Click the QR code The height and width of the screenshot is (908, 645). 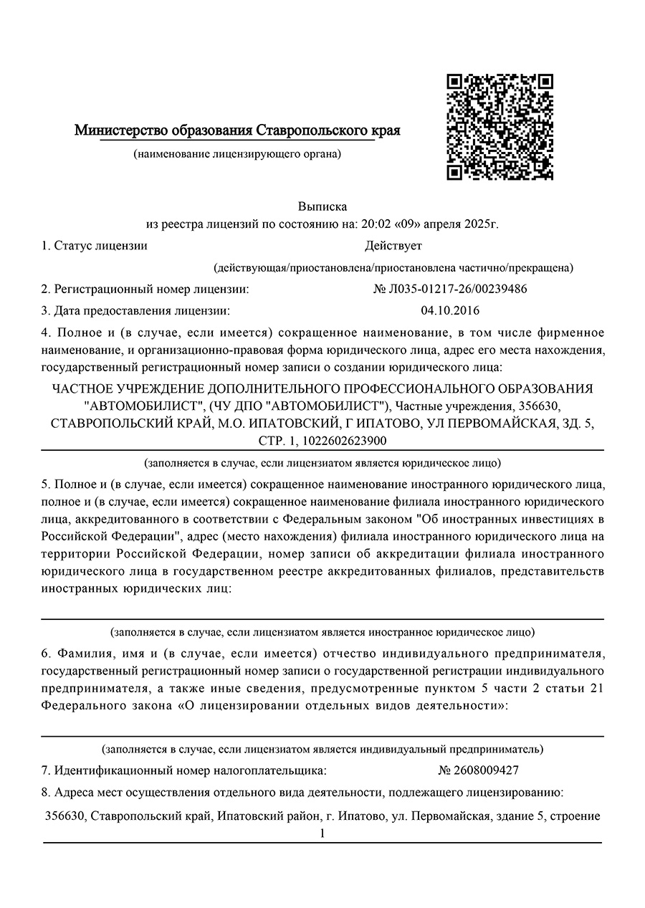pos(500,126)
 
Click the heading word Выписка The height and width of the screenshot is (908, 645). pos(322,206)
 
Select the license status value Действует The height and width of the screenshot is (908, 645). pos(393,246)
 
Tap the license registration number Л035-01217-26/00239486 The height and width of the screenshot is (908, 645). pos(451,290)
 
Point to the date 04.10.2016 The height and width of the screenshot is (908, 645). pos(450,311)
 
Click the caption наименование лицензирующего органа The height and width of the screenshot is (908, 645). pos(237,153)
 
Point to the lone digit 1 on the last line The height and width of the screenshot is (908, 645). pos(322,833)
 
